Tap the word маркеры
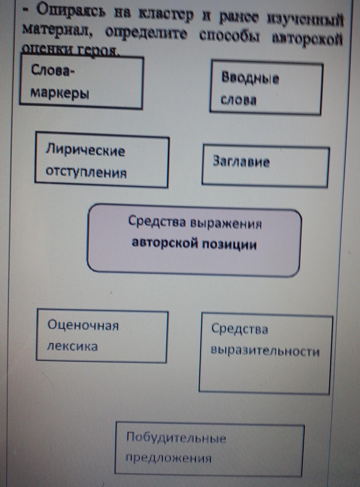pos(60,93)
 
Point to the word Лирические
pos(85,150)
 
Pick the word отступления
pos(86,173)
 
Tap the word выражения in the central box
pos(226,223)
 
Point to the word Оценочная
pos(83,325)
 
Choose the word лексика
pos(72,347)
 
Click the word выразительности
pos(265,351)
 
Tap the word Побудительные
pos(176,438)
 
